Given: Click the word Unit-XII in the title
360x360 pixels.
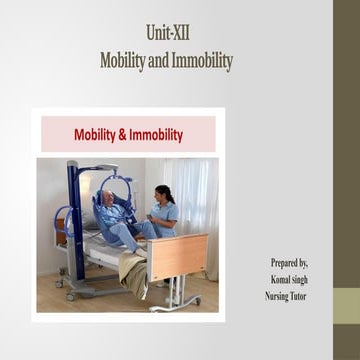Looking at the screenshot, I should (166, 34).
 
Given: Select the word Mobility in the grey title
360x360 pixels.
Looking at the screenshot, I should (122, 61).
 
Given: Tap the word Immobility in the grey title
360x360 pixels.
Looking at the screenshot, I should (201, 61).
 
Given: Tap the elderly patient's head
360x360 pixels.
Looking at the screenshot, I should (105, 200).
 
